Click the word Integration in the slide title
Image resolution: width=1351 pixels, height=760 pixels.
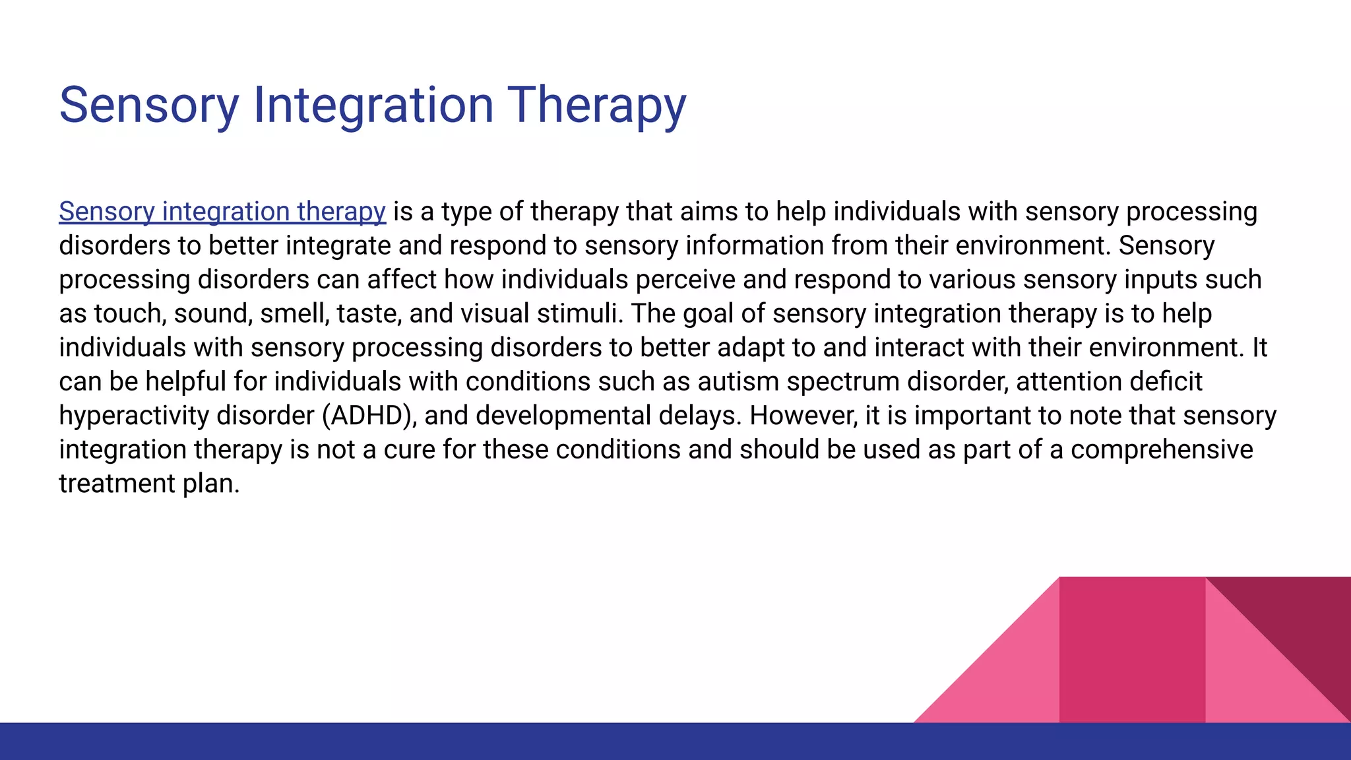coord(373,106)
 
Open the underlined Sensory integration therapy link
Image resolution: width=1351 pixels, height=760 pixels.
coord(222,212)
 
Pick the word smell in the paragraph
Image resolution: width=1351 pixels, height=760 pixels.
coord(294,314)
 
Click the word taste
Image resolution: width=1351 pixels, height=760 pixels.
coord(369,314)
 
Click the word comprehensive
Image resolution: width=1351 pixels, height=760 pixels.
coord(1162,450)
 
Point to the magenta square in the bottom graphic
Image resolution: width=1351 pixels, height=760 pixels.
coord(1132,650)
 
